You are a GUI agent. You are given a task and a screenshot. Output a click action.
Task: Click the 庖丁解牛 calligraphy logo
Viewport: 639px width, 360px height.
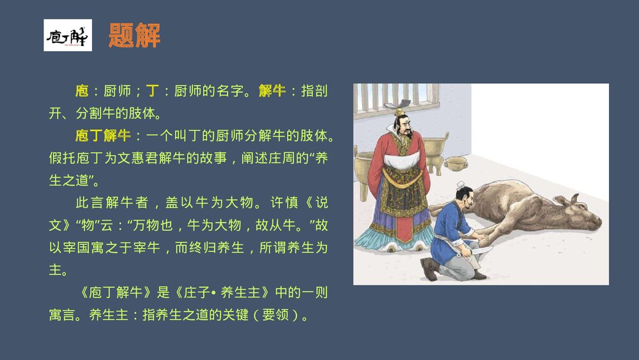(67, 35)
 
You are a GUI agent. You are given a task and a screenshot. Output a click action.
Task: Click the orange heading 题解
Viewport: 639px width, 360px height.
(134, 35)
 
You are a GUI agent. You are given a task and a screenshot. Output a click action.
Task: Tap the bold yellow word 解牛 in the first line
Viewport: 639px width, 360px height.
(272, 91)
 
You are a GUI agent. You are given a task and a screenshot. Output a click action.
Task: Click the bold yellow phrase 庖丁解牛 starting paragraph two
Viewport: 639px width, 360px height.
(103, 136)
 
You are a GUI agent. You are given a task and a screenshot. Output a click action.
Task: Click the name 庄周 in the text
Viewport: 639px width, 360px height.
(286, 158)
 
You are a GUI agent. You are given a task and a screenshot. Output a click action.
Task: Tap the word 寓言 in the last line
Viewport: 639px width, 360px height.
(63, 315)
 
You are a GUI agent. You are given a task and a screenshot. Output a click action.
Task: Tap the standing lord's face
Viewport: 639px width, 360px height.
(403, 127)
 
